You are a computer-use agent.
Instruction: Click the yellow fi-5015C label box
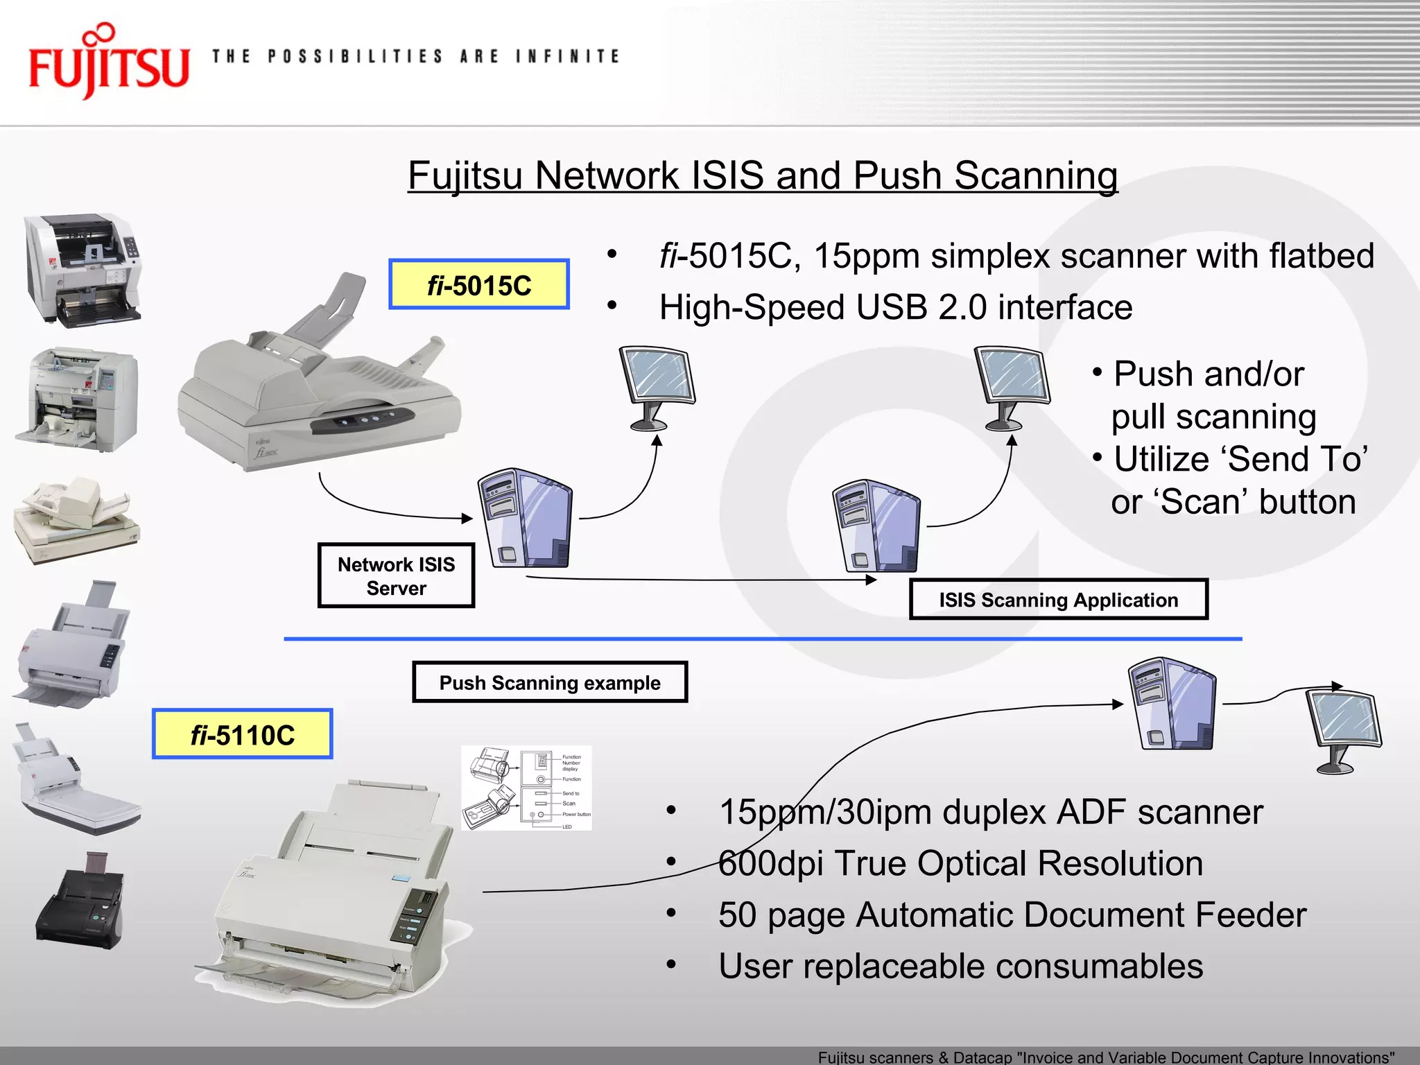479,285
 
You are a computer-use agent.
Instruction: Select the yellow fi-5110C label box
243,734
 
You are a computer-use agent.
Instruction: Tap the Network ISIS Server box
396,576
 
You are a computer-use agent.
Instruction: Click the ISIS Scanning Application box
1058,600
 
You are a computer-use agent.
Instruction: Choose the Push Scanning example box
550,683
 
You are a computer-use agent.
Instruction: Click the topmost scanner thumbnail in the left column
83,269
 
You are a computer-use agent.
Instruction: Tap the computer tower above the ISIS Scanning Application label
878,526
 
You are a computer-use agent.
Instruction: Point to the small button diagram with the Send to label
526,788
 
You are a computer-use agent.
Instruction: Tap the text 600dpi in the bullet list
770,864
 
